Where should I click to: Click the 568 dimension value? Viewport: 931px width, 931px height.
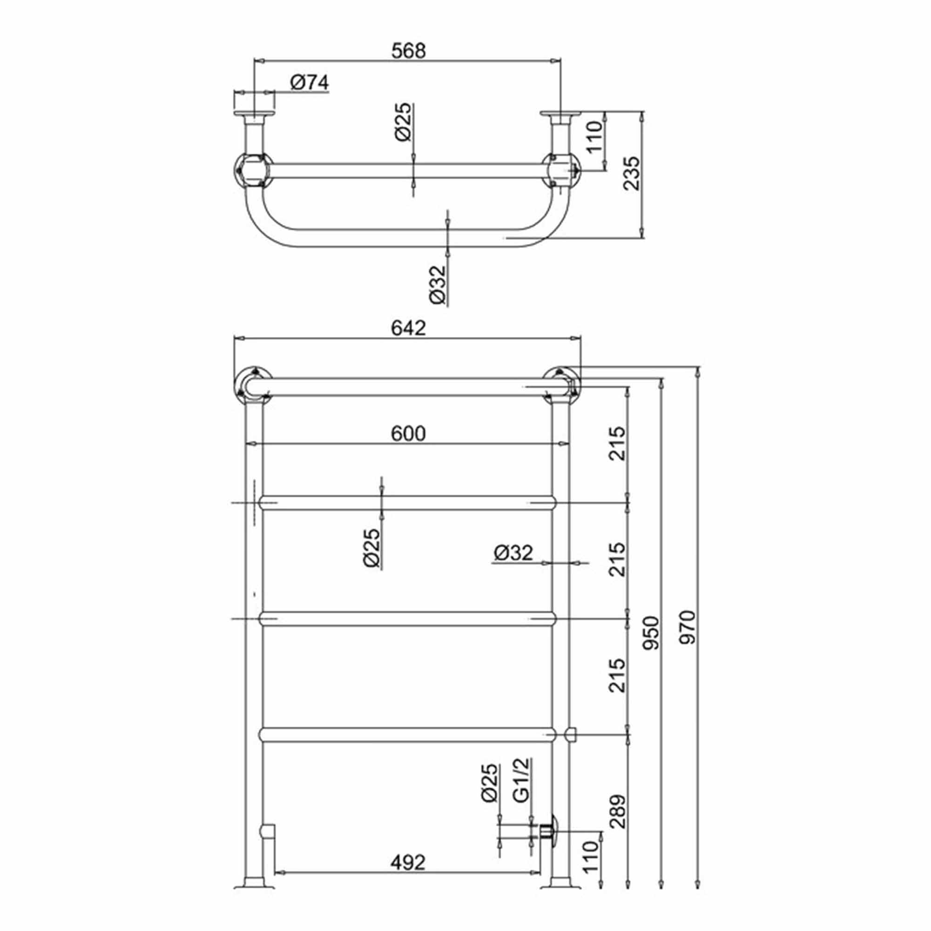[408, 51]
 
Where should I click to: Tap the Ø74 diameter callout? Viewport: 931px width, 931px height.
[310, 82]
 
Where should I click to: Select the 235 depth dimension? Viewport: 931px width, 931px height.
[632, 174]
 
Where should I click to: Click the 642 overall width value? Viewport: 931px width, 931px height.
[408, 328]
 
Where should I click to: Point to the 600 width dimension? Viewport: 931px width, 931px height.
[408, 434]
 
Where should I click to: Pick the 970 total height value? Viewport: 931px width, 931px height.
[687, 627]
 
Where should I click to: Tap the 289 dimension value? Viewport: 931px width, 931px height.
[618, 811]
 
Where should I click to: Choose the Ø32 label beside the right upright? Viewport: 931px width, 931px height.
[513, 553]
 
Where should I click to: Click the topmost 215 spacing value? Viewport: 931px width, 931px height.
[618, 443]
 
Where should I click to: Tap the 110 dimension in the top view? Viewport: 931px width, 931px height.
[594, 137]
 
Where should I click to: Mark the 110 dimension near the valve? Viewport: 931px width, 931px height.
[590, 857]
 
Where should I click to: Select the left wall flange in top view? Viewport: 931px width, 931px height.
[254, 114]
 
